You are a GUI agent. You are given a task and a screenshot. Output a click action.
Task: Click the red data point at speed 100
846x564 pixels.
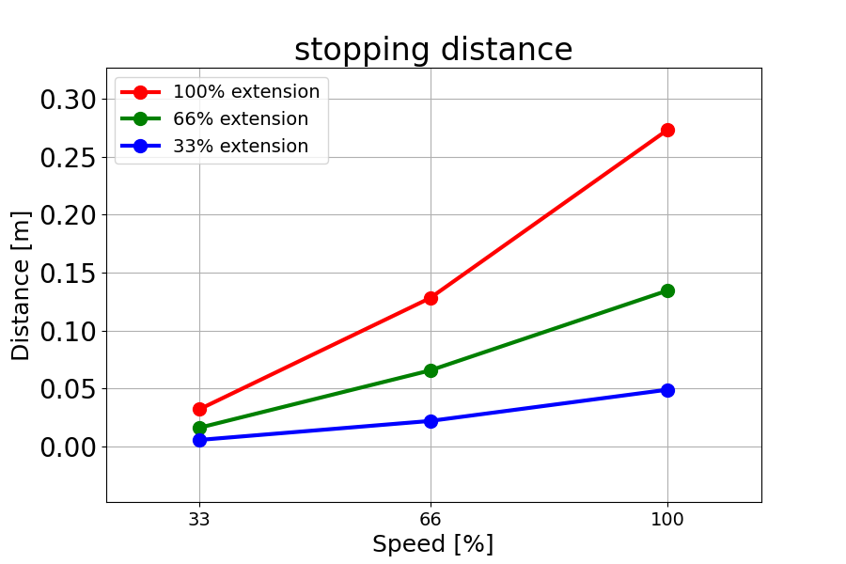tap(667, 130)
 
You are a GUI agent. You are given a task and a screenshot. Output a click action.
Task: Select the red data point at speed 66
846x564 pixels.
tap(431, 298)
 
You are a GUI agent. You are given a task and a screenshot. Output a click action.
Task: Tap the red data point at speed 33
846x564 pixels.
tap(199, 409)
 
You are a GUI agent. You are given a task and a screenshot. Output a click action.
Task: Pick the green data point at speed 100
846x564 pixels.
tap(667, 290)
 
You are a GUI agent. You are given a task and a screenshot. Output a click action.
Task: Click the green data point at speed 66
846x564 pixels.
tap(431, 370)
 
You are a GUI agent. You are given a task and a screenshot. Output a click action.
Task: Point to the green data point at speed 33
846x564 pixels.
tap(199, 428)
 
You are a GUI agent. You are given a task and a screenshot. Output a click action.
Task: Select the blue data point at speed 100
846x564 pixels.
tap(667, 390)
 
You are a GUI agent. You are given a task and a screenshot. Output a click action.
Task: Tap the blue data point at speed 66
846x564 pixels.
tap(431, 421)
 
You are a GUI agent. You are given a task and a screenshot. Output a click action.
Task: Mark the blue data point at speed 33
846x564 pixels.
tap(199, 440)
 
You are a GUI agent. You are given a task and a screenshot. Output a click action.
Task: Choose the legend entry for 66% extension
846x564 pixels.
tap(214, 118)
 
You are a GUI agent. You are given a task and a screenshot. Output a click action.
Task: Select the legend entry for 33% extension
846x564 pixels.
tap(214, 146)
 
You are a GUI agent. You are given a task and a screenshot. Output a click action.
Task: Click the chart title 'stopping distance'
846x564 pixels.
tap(433, 50)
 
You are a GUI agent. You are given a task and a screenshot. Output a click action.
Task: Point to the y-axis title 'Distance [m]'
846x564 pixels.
tap(21, 286)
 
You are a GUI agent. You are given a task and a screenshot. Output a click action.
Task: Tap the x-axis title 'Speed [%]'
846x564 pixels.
tap(432, 543)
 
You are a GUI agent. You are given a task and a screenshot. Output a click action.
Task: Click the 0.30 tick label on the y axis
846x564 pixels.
tap(68, 100)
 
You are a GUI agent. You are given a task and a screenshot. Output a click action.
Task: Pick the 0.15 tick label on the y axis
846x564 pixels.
tap(68, 274)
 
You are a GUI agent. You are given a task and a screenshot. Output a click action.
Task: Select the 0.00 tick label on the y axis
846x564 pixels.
tap(68, 447)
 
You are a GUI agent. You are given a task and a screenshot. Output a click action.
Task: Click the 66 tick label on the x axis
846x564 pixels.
tap(431, 519)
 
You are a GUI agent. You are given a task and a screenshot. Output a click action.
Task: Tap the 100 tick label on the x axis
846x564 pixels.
tap(667, 519)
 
